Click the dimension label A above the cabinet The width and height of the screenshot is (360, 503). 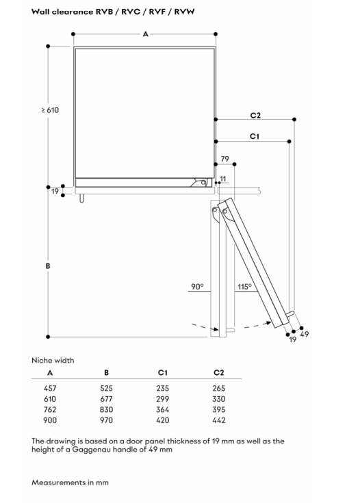[145, 34]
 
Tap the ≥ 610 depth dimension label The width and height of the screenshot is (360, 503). [50, 110]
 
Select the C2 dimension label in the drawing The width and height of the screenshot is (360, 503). [255, 115]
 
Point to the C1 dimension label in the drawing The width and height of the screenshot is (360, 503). [254, 136]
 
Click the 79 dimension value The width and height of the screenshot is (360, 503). [224, 159]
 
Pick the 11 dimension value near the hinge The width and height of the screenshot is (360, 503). [223, 179]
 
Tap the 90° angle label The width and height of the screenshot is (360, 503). [197, 287]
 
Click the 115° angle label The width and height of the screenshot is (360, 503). [244, 287]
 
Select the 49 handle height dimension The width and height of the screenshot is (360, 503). [304, 334]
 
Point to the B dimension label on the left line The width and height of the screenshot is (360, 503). [48, 266]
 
